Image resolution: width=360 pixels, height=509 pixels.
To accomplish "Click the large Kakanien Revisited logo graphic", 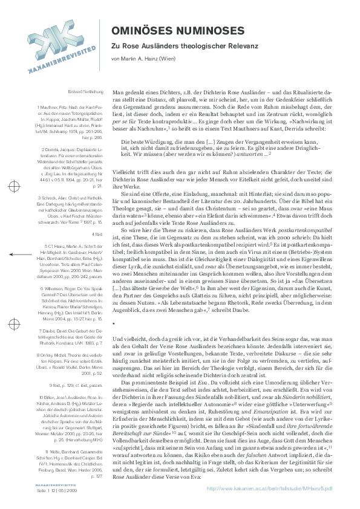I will (x=53, y=44).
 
